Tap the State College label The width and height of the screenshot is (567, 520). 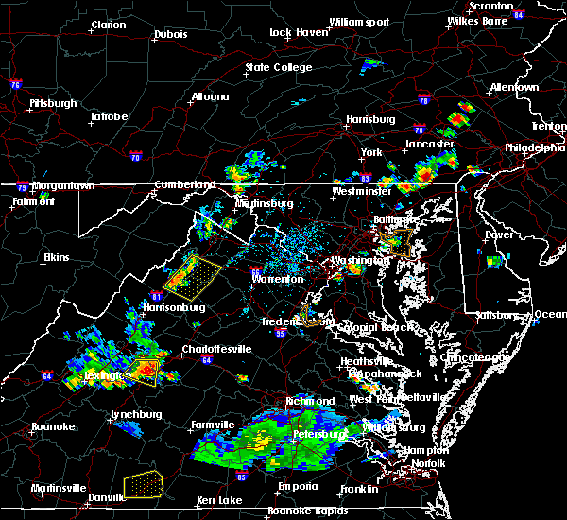279,68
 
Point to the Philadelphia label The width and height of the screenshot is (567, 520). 535,147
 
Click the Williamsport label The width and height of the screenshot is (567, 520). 358,22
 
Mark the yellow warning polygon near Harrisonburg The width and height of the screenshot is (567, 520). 192,273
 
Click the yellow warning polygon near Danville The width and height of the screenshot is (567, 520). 142,483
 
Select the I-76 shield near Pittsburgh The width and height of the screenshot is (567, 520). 16,84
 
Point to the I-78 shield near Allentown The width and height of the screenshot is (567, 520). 423,101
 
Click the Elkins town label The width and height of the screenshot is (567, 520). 58,258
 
